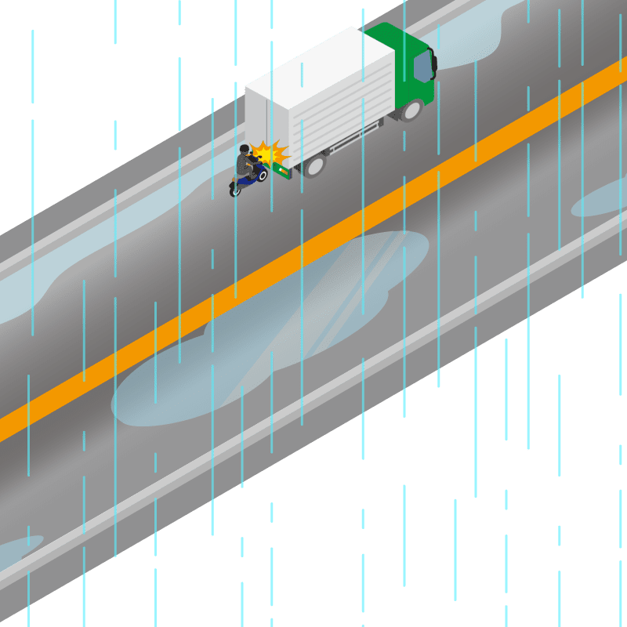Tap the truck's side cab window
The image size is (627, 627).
(x=423, y=66)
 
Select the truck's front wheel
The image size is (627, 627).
(x=409, y=110)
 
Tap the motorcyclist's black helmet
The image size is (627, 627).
(x=245, y=150)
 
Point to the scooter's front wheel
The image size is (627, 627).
(x=263, y=174)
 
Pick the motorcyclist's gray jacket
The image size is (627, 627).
(x=244, y=165)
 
